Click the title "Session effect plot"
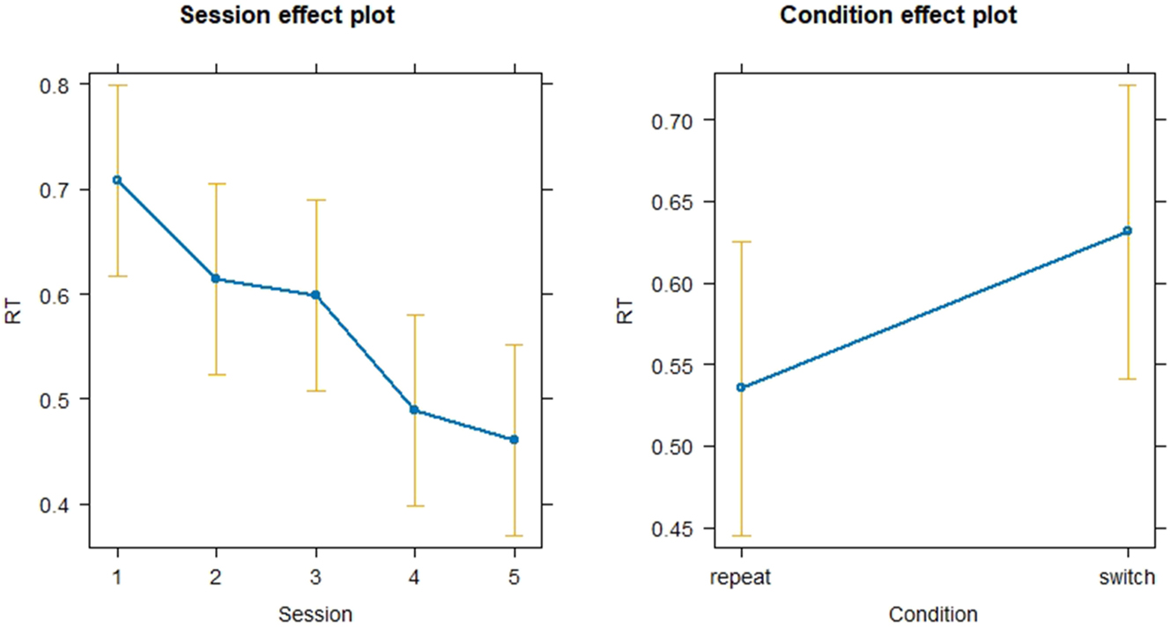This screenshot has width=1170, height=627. tap(288, 16)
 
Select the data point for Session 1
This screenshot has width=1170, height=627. tap(117, 180)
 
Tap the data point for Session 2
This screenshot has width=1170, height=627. tap(216, 278)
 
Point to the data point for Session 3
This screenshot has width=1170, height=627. tap(315, 294)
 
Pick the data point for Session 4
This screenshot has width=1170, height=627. tap(414, 409)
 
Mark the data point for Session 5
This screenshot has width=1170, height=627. tap(514, 439)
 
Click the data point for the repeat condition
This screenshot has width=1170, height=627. tap(741, 387)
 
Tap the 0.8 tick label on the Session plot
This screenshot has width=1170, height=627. tap(56, 85)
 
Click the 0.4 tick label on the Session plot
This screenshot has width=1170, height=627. tap(56, 505)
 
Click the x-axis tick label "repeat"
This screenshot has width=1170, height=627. tap(741, 578)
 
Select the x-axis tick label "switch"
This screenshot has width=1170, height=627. tap(1127, 578)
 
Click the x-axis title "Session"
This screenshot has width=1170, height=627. tap(315, 613)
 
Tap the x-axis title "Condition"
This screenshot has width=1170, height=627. tap(933, 613)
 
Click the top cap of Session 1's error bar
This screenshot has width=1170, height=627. tap(117, 85)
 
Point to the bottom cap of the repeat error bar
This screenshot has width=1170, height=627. tap(741, 535)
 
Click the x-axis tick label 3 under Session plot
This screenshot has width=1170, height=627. tap(315, 578)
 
